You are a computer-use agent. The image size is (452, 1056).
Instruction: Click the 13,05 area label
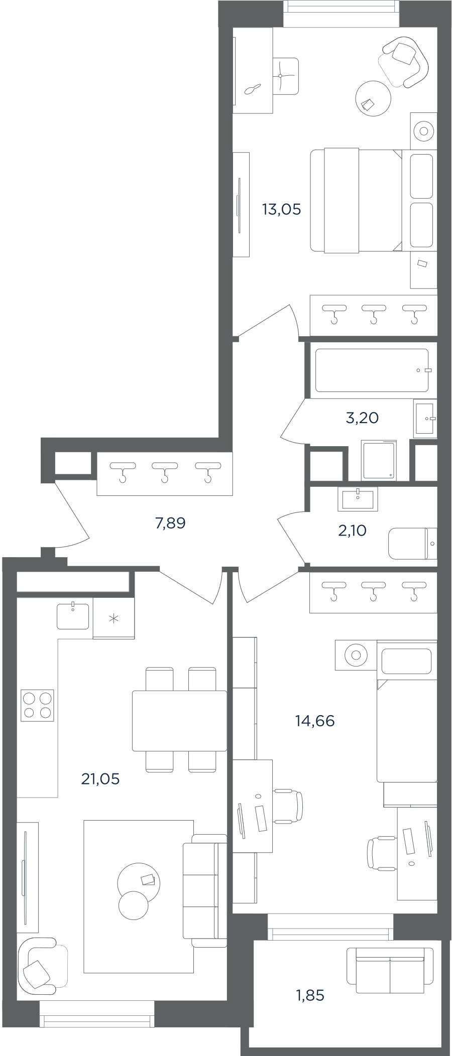pos(282,209)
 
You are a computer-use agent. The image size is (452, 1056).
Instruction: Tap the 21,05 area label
pos(100,779)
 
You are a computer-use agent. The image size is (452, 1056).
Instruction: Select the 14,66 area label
pos(315,721)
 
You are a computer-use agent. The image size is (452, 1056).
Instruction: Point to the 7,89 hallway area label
pos(171,523)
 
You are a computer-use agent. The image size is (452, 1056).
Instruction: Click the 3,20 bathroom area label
pos(362,418)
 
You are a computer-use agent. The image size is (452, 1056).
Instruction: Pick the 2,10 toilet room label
pos(352,531)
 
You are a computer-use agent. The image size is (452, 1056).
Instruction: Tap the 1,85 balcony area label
pos(310,995)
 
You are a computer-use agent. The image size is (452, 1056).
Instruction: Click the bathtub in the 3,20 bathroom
pos(372,370)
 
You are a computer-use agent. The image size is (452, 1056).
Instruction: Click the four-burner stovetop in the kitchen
pos(37,706)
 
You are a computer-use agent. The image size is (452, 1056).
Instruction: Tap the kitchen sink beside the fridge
pos(73,616)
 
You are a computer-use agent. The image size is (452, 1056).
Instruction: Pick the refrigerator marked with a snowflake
pos(114,618)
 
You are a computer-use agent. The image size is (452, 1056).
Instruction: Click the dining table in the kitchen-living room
pos(179,721)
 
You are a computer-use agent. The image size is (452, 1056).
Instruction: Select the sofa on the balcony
pos(390,970)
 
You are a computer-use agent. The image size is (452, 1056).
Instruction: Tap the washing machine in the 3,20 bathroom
pos(379,460)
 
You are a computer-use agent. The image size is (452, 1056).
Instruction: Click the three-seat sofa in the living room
pos(205,890)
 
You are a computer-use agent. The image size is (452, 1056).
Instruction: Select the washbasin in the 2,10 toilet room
pos(358,500)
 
